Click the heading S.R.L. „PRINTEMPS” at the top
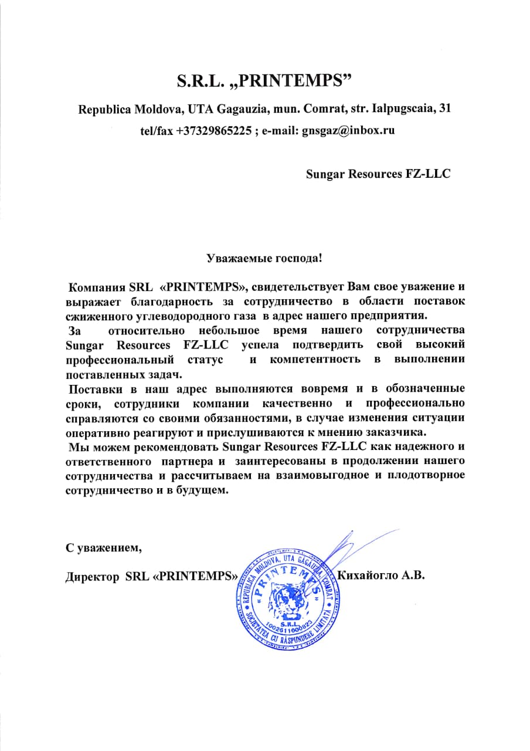[x=266, y=80]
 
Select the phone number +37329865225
[x=213, y=131]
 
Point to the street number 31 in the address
[x=445, y=109]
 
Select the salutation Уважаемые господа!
[x=265, y=257]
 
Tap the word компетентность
[x=315, y=358]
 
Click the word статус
[x=205, y=358]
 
